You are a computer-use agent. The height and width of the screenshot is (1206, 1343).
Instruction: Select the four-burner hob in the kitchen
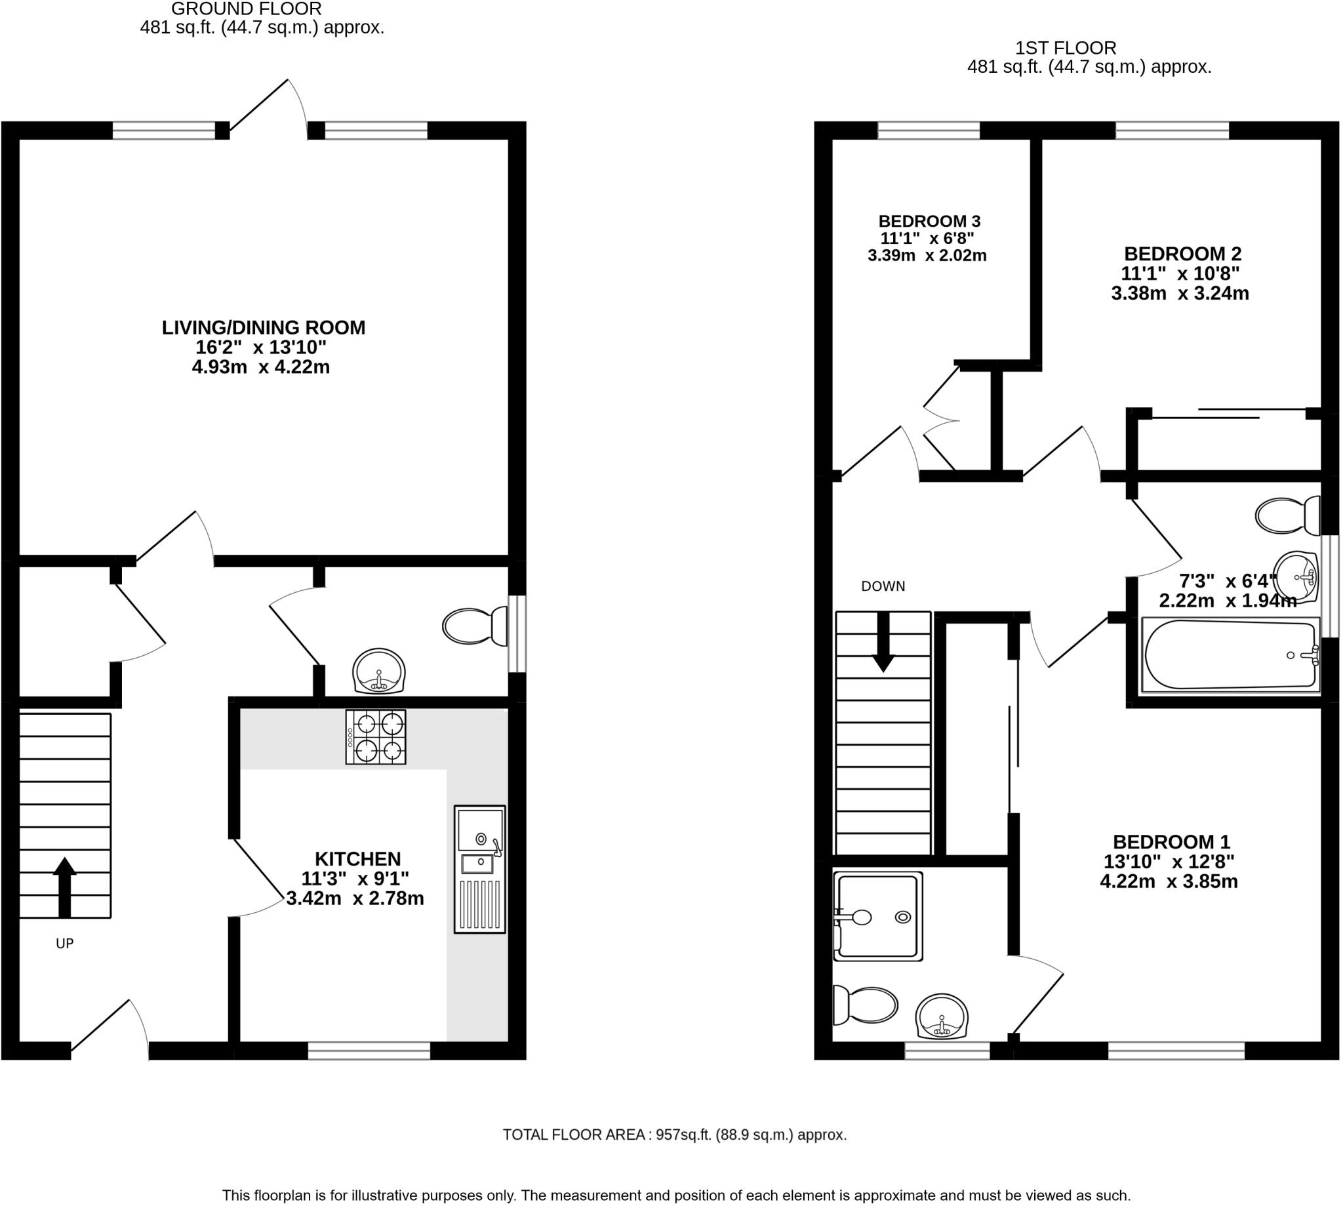pyautogui.click(x=376, y=737)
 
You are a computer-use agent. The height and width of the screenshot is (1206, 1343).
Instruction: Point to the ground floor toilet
pyautogui.click(x=475, y=626)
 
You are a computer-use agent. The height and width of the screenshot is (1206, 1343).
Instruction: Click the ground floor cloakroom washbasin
pyautogui.click(x=378, y=670)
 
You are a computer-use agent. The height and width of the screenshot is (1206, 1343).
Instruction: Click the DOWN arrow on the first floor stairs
pyautogui.click(x=883, y=642)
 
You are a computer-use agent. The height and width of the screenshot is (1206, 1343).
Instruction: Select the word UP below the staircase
pyautogui.click(x=65, y=943)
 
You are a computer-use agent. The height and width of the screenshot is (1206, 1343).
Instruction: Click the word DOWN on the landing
pyautogui.click(x=883, y=586)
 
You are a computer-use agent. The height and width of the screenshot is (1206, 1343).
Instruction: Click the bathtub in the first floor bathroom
pyautogui.click(x=1231, y=654)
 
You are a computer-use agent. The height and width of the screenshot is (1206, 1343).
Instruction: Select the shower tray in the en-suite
pyautogui.click(x=878, y=916)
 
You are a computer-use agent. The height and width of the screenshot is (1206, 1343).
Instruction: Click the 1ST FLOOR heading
pyautogui.click(x=1066, y=48)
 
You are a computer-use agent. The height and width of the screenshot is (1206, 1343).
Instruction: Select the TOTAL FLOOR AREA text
pyautogui.click(x=574, y=1135)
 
